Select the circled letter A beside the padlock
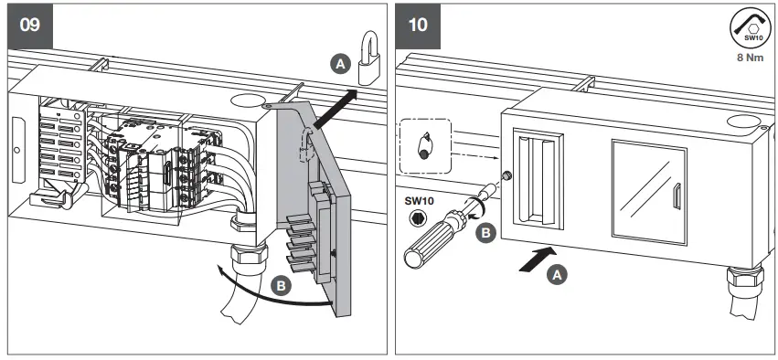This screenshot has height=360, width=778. click(x=339, y=63)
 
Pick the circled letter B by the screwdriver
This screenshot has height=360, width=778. click(x=489, y=233)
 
